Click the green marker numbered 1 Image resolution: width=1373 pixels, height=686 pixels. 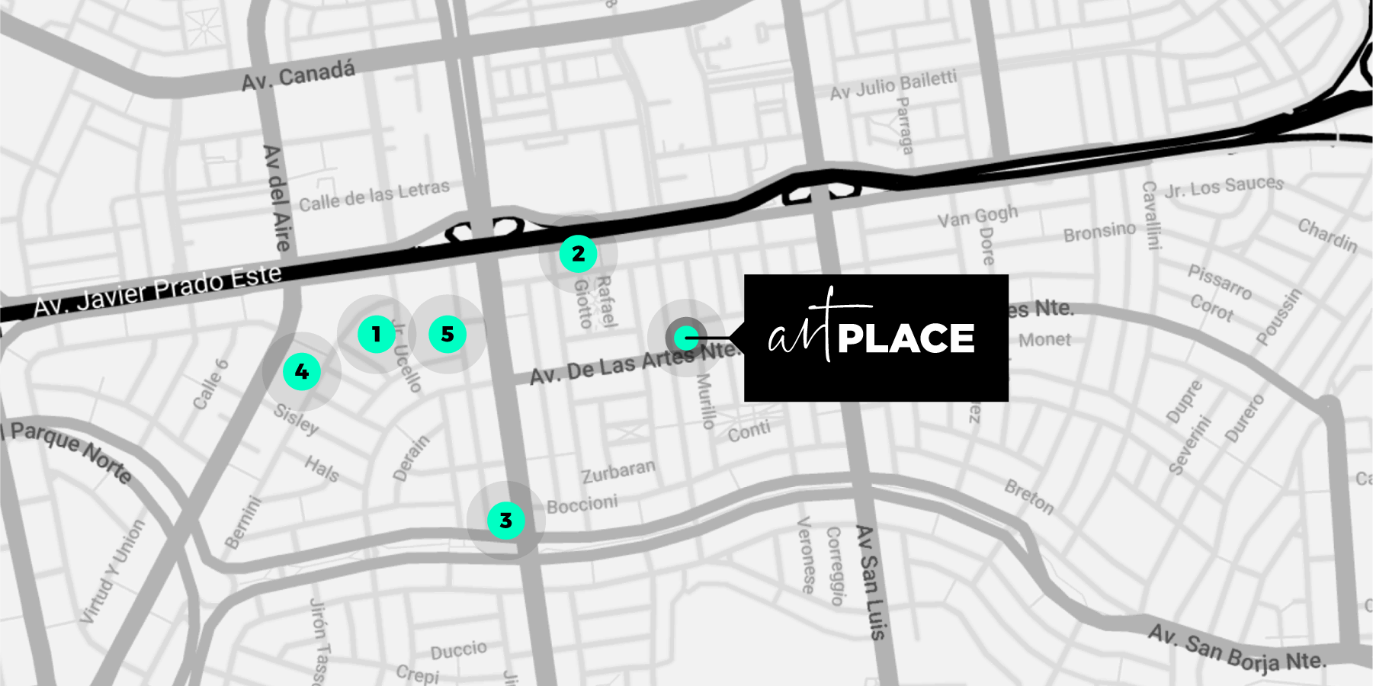tap(376, 334)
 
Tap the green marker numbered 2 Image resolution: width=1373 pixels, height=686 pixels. tap(578, 254)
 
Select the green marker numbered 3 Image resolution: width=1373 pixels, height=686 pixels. tap(505, 521)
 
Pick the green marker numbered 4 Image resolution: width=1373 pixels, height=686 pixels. tap(302, 372)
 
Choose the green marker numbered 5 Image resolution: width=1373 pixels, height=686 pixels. tap(448, 334)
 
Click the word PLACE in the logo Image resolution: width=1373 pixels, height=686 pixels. tap(906, 338)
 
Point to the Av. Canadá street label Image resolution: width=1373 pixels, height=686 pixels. tap(298, 75)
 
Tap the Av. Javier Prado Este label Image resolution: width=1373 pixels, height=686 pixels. tap(158, 290)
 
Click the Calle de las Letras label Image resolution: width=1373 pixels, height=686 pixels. tap(374, 195)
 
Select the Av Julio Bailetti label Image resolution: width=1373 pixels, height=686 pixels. tap(893, 85)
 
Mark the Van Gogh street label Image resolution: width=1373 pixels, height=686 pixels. tap(977, 216)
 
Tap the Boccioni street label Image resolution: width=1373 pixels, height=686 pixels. tap(582, 504)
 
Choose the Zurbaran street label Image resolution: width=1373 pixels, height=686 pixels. tap(618, 471)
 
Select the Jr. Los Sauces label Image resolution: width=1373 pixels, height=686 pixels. tap(1224, 186)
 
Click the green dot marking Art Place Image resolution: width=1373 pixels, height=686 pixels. tap(687, 336)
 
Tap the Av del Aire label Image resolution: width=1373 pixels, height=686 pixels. tap(277, 198)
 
